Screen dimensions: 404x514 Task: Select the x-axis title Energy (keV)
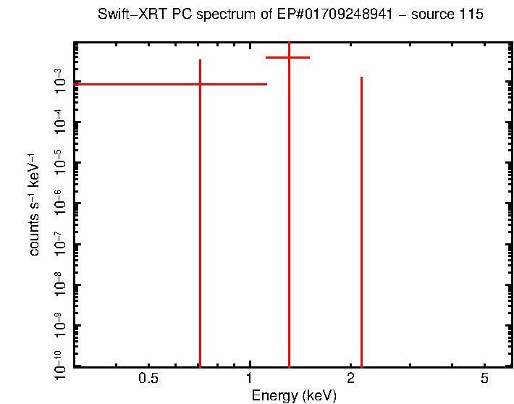pyautogui.click(x=294, y=395)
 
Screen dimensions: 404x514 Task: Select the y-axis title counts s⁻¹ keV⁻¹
pyautogui.click(x=34, y=205)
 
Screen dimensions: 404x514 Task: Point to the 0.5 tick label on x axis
pyautogui.click(x=148, y=379)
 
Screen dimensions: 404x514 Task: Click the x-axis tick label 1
pyautogui.click(x=250, y=379)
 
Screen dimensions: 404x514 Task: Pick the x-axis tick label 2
pyautogui.click(x=350, y=379)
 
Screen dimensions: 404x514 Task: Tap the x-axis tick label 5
pyautogui.click(x=484, y=379)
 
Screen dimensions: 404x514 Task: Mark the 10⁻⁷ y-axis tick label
pyautogui.click(x=61, y=245)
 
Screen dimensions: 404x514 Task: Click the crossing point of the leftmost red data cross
pyautogui.click(x=200, y=85)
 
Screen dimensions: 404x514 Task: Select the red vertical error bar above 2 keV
pyautogui.click(x=361, y=217)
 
